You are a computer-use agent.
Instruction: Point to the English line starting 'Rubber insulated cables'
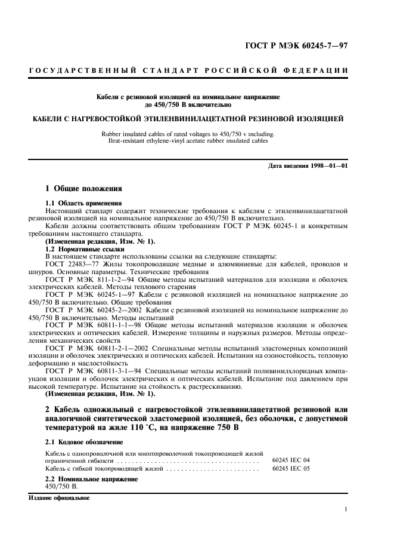(188, 134)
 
